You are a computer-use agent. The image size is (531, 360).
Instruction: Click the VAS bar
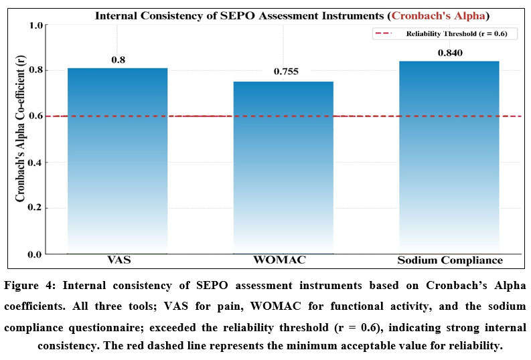point(118,161)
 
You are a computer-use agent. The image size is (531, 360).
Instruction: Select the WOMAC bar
point(283,167)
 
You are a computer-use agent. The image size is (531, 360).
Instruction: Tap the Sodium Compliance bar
point(449,157)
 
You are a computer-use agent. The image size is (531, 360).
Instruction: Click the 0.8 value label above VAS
point(118,60)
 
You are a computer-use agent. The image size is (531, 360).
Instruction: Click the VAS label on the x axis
point(118,260)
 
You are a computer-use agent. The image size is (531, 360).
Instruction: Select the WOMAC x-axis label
point(283,260)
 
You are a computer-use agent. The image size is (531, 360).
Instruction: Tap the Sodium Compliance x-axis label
point(449,260)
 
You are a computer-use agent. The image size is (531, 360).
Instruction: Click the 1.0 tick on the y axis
point(35,25)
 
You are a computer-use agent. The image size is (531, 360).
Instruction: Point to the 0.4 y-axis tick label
point(35,162)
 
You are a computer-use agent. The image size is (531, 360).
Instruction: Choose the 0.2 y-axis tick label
point(35,208)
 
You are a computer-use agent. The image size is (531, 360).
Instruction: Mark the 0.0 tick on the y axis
point(35,254)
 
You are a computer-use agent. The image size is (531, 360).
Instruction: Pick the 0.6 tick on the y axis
point(35,116)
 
